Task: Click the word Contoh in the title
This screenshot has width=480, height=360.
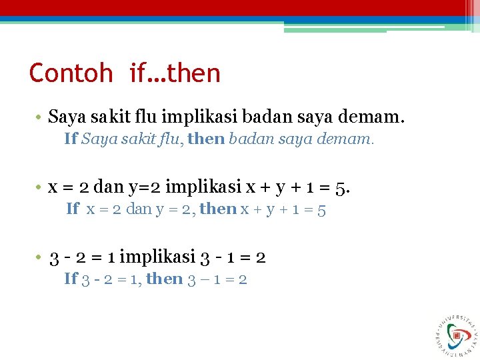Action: point(71,73)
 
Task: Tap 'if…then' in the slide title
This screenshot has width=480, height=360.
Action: point(175,73)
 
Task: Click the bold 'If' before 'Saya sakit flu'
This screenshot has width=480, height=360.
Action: point(71,139)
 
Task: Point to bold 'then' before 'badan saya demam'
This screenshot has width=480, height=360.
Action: point(207,139)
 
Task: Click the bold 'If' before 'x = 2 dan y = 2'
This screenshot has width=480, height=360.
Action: point(73,209)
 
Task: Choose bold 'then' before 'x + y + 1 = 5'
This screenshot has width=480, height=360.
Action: point(218,209)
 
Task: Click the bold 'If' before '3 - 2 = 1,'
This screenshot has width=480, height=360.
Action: point(71,279)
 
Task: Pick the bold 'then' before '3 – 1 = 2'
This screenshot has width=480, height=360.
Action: point(164,279)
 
